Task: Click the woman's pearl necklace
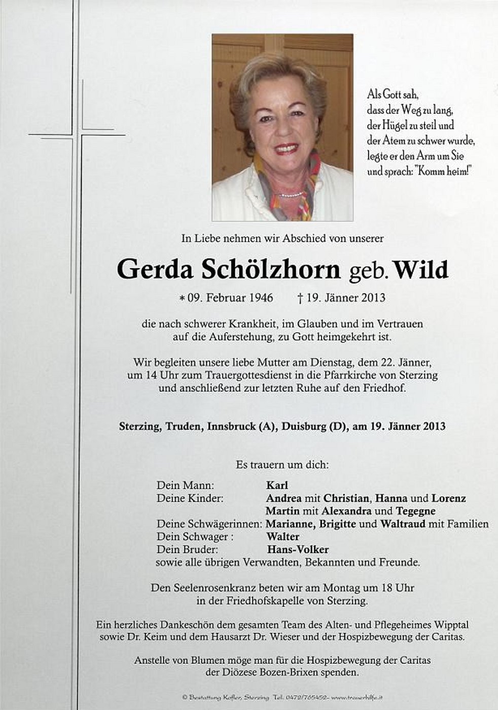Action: click(x=291, y=195)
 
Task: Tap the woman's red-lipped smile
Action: click(x=286, y=148)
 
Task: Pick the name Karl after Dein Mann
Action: click(x=277, y=486)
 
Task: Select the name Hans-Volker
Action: click(x=298, y=550)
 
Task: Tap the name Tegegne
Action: click(x=415, y=511)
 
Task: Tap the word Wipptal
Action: click(x=451, y=625)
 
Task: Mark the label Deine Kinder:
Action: click(x=190, y=498)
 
